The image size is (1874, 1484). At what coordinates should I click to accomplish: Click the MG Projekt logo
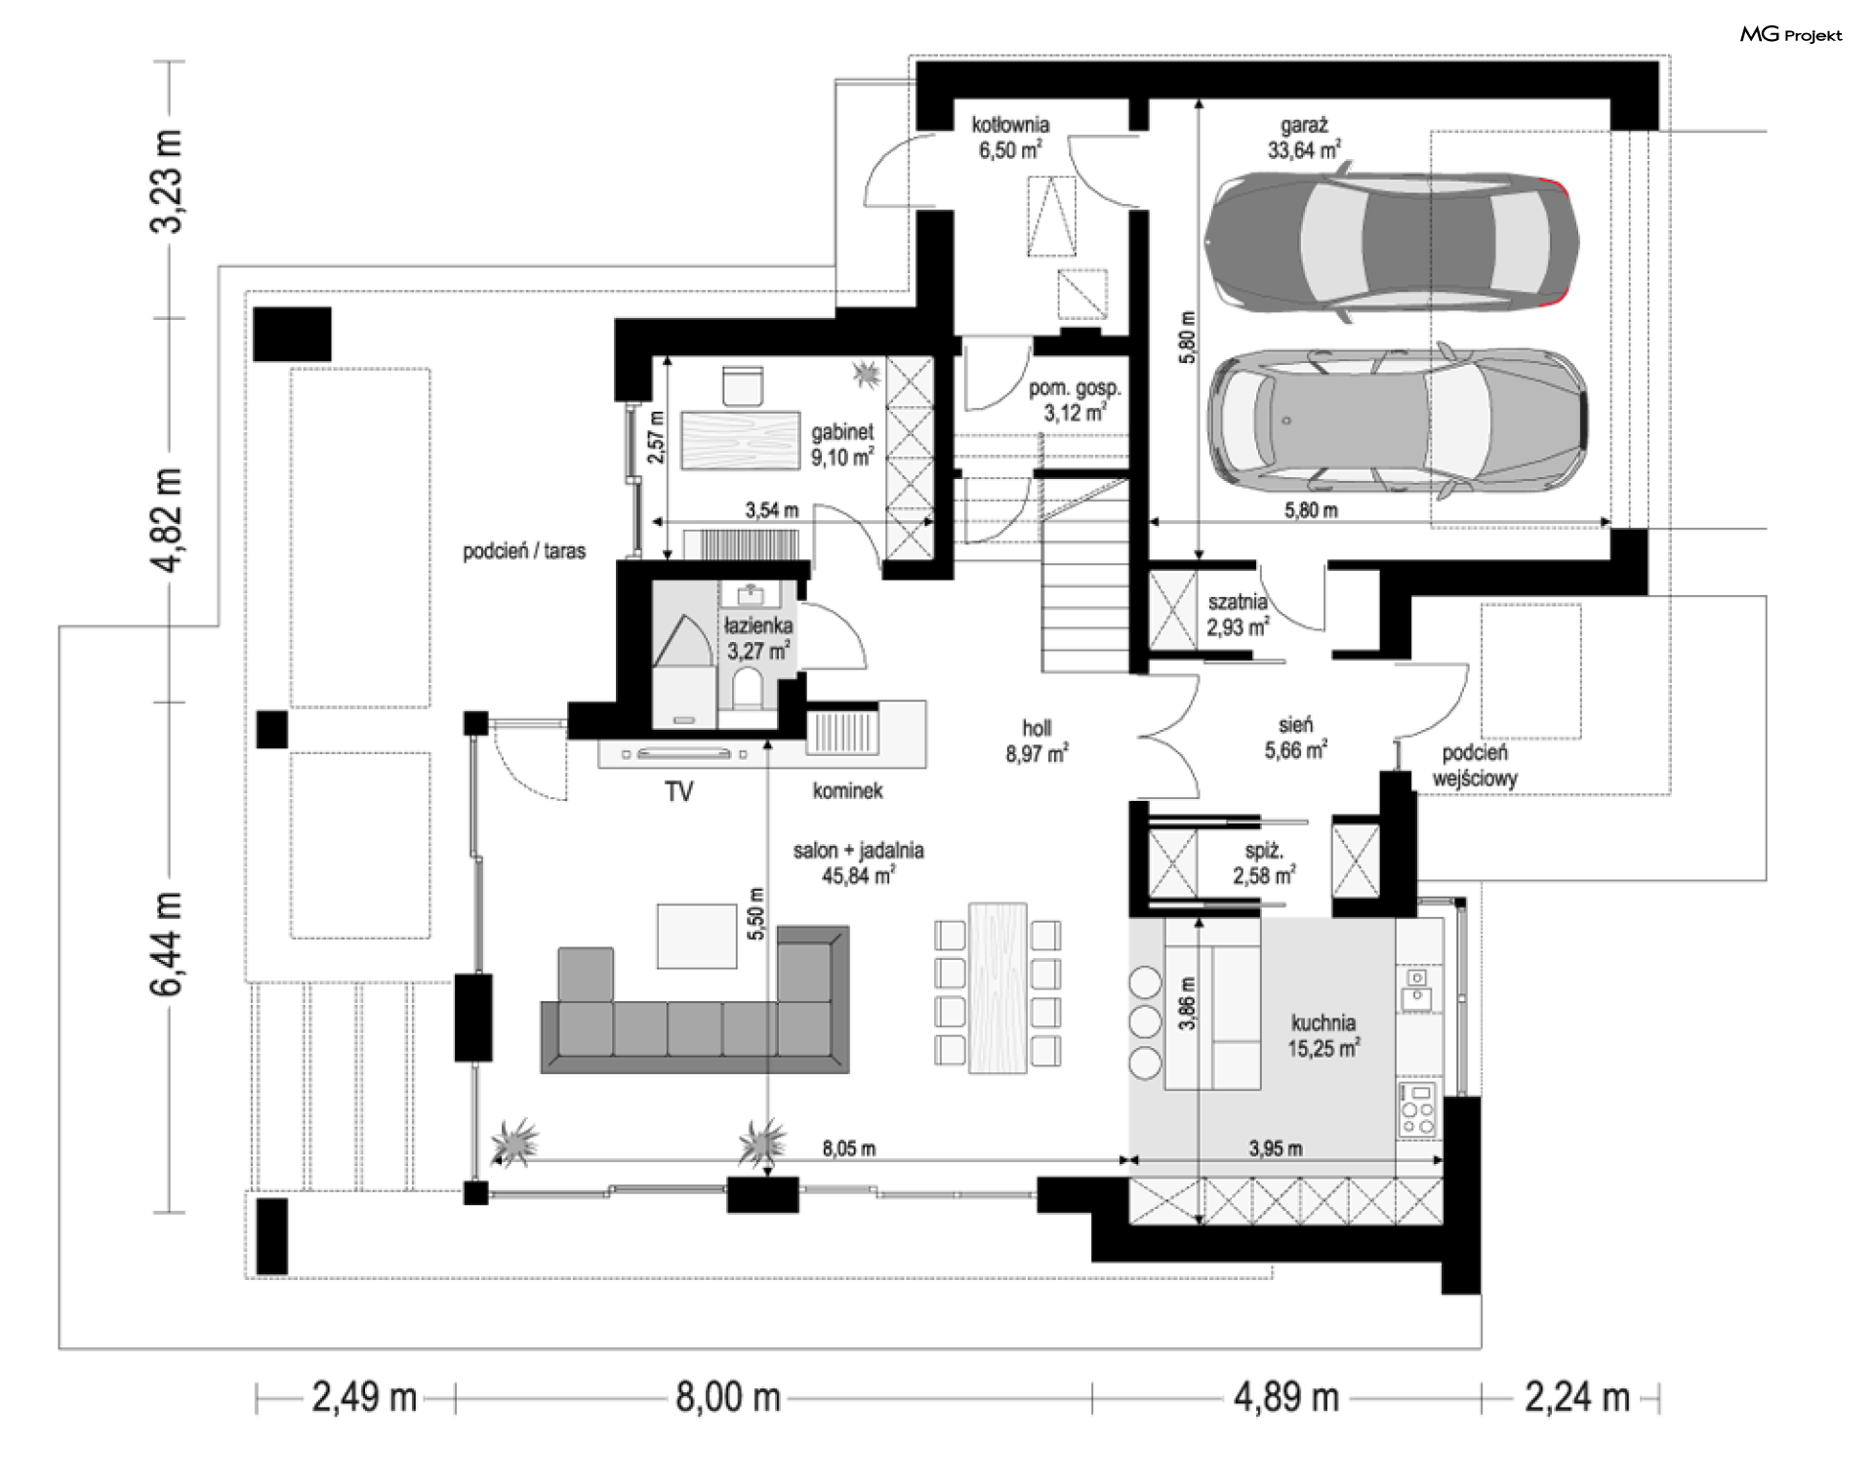pyautogui.click(x=1791, y=35)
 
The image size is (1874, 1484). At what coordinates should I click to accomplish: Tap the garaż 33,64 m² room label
pyautogui.click(x=1304, y=138)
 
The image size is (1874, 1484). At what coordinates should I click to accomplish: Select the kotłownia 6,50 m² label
pyautogui.click(x=1010, y=138)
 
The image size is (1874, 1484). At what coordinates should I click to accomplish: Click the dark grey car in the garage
pyautogui.click(x=1391, y=242)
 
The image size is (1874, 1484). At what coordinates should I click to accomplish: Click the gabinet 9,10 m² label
pyautogui.click(x=842, y=444)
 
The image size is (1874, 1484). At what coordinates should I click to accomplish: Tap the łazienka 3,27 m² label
pyautogui.click(x=757, y=637)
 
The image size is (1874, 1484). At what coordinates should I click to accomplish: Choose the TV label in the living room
pyautogui.click(x=678, y=791)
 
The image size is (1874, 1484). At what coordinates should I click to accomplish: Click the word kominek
pyautogui.click(x=847, y=790)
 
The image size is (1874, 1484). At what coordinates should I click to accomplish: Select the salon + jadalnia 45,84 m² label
pyautogui.click(x=858, y=862)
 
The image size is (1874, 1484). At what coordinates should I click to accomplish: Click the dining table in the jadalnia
pyautogui.click(x=998, y=987)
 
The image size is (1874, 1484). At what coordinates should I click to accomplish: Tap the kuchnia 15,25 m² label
pyautogui.click(x=1324, y=1035)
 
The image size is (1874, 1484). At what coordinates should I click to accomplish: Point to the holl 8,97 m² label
pyautogui.click(x=1037, y=741)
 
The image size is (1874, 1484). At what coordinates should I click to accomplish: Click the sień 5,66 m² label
pyautogui.click(x=1295, y=737)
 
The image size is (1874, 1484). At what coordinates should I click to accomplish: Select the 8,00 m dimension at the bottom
pyautogui.click(x=728, y=1397)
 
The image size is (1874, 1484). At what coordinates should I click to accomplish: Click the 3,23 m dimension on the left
pyautogui.click(x=167, y=180)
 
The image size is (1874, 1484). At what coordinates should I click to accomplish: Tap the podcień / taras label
pyautogui.click(x=524, y=551)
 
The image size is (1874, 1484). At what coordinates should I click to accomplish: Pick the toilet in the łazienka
pyautogui.click(x=748, y=687)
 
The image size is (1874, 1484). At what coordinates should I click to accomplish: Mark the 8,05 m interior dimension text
pyautogui.click(x=848, y=1148)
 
